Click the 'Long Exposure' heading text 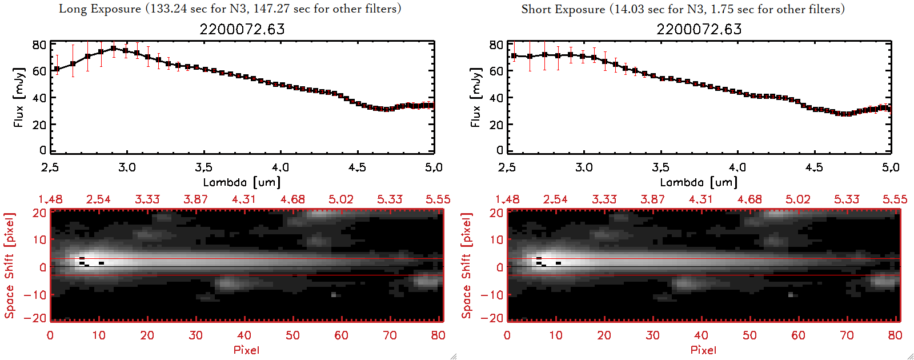click(100, 9)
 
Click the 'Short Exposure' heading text click(563, 9)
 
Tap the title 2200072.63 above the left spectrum click(242, 29)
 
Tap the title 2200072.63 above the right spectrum click(699, 29)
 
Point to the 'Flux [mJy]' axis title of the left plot click(19, 97)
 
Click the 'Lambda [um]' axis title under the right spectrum click(699, 182)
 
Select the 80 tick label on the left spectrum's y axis click(39, 45)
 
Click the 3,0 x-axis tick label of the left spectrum click(127, 167)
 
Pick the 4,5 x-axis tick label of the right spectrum click(814, 167)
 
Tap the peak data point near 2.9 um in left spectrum click(113, 49)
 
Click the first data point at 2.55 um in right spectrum click(514, 56)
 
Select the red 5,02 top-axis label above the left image click(341, 199)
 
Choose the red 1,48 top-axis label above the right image click(507, 199)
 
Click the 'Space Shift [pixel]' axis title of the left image click(9, 266)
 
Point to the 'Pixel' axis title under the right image click(703, 350)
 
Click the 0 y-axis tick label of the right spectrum click(500, 150)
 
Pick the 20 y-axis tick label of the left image click(39, 213)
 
